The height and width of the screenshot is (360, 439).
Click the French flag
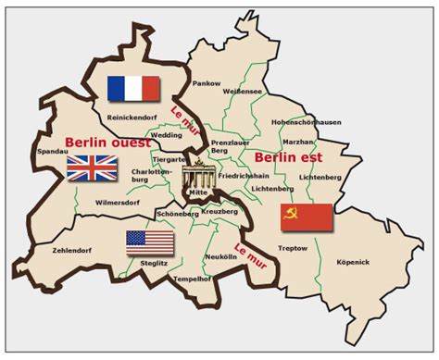pos(134,88)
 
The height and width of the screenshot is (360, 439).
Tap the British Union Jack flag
pos(92,168)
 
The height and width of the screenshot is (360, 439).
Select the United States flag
pos(150,242)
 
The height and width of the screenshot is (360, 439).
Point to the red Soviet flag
pos(307,217)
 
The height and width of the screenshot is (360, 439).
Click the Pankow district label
pos(206,83)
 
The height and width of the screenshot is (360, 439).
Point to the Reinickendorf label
pos(131,118)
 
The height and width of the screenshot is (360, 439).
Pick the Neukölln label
pos(221,255)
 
